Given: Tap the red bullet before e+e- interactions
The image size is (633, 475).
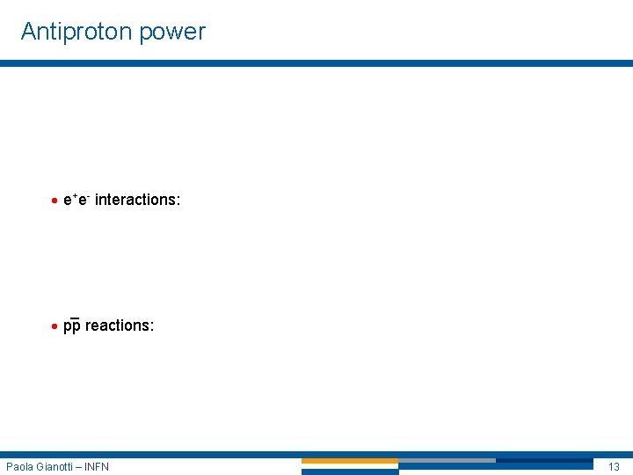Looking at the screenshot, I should click(x=55, y=201).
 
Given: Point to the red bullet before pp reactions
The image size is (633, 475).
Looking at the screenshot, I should click(x=55, y=326).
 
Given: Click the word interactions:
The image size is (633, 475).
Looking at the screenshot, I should click(x=137, y=200).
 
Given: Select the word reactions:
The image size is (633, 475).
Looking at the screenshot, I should click(x=120, y=325).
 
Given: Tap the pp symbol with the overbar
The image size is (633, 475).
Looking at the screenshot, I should click(x=72, y=325).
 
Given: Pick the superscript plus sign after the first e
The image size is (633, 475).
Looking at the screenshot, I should click(x=74, y=195).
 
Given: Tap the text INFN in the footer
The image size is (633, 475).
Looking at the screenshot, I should click(x=97, y=466).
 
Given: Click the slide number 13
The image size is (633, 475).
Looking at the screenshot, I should click(x=614, y=466).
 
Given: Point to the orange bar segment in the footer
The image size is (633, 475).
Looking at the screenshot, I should click(x=350, y=461).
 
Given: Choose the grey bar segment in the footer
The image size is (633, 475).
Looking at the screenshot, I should click(x=447, y=461).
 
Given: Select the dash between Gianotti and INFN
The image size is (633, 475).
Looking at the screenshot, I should click(x=80, y=466).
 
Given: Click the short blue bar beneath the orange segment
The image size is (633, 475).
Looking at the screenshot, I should click(x=350, y=471).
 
